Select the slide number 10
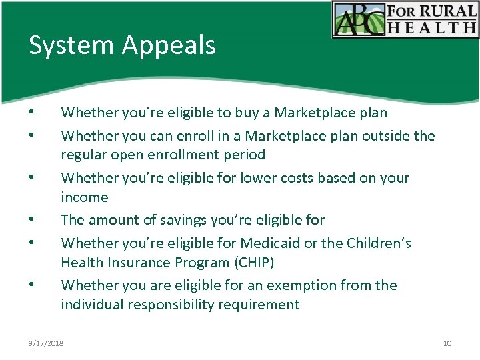[447, 343]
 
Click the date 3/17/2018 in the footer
[46, 343]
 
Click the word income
[84, 197]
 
